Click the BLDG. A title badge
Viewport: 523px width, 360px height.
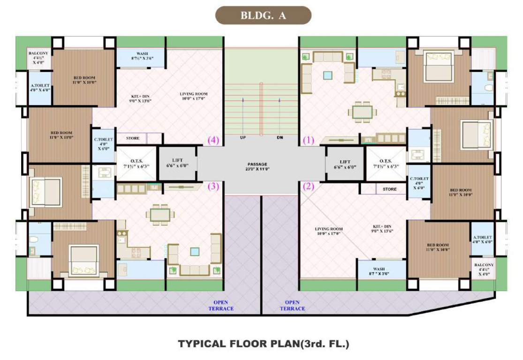(x=263, y=15)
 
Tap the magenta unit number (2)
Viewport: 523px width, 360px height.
(x=308, y=186)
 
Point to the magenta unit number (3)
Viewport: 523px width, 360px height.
(x=213, y=186)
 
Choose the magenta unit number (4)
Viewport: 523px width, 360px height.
(x=213, y=140)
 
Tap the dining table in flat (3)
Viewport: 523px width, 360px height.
(x=160, y=215)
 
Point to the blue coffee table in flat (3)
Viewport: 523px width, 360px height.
(x=195, y=251)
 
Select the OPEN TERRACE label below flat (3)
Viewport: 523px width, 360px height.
(x=221, y=305)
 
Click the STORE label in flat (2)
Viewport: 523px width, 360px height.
(x=389, y=189)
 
